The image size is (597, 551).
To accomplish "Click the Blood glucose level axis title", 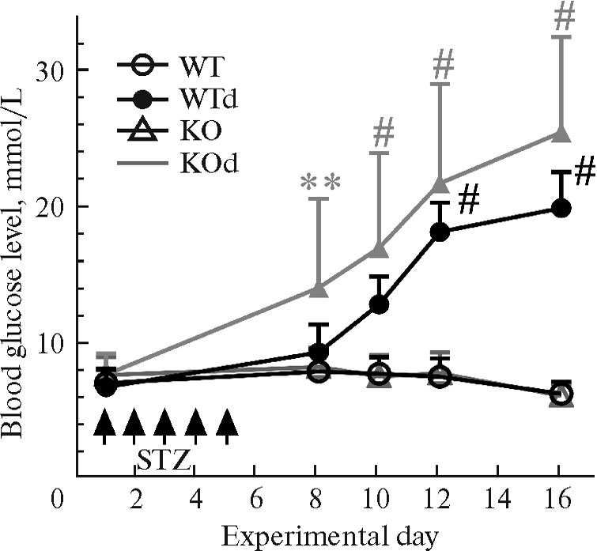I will pos(17,269).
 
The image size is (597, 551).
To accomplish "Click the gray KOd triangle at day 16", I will pos(561,134).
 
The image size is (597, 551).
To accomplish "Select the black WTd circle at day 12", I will pos(440,232).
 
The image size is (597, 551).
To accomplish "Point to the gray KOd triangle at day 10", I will pos(379,250).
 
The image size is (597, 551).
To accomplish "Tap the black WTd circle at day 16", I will pos(561,209).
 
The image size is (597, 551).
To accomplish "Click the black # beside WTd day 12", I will pos(468,202).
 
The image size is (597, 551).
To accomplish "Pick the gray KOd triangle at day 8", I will pos(318,289).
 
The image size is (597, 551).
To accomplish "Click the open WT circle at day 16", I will pos(561,394).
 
